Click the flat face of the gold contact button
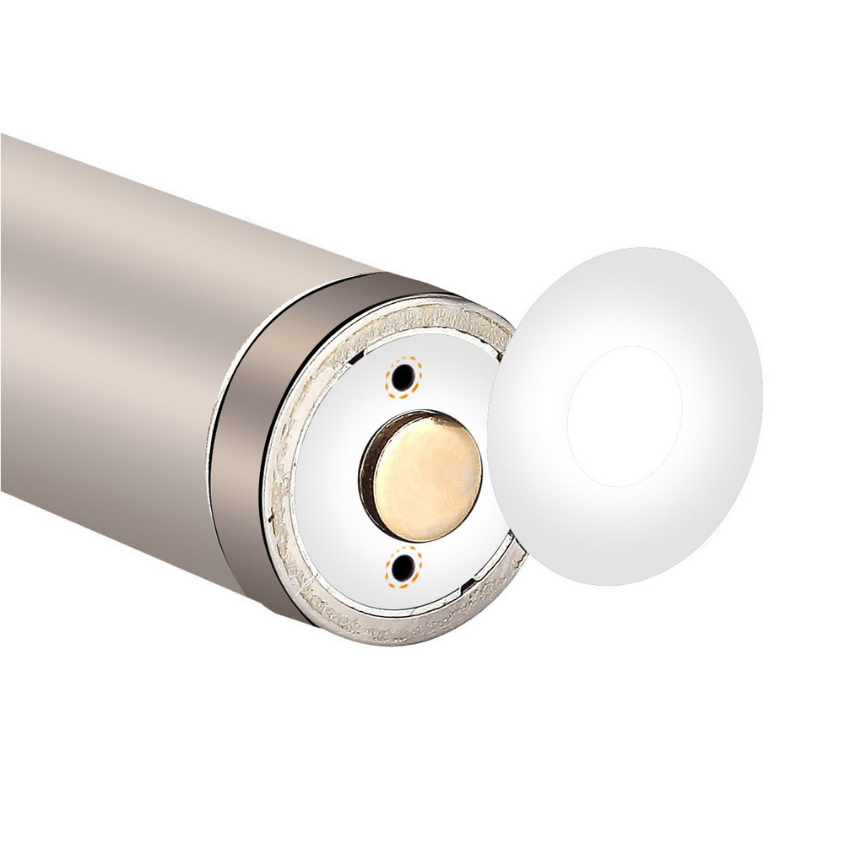click(x=427, y=478)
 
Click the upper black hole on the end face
click(x=403, y=375)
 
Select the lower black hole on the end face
click(x=403, y=565)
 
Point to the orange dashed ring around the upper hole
click(x=389, y=376)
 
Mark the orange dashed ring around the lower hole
click(x=390, y=570)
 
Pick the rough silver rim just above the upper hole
click(x=405, y=324)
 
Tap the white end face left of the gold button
click(x=325, y=473)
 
